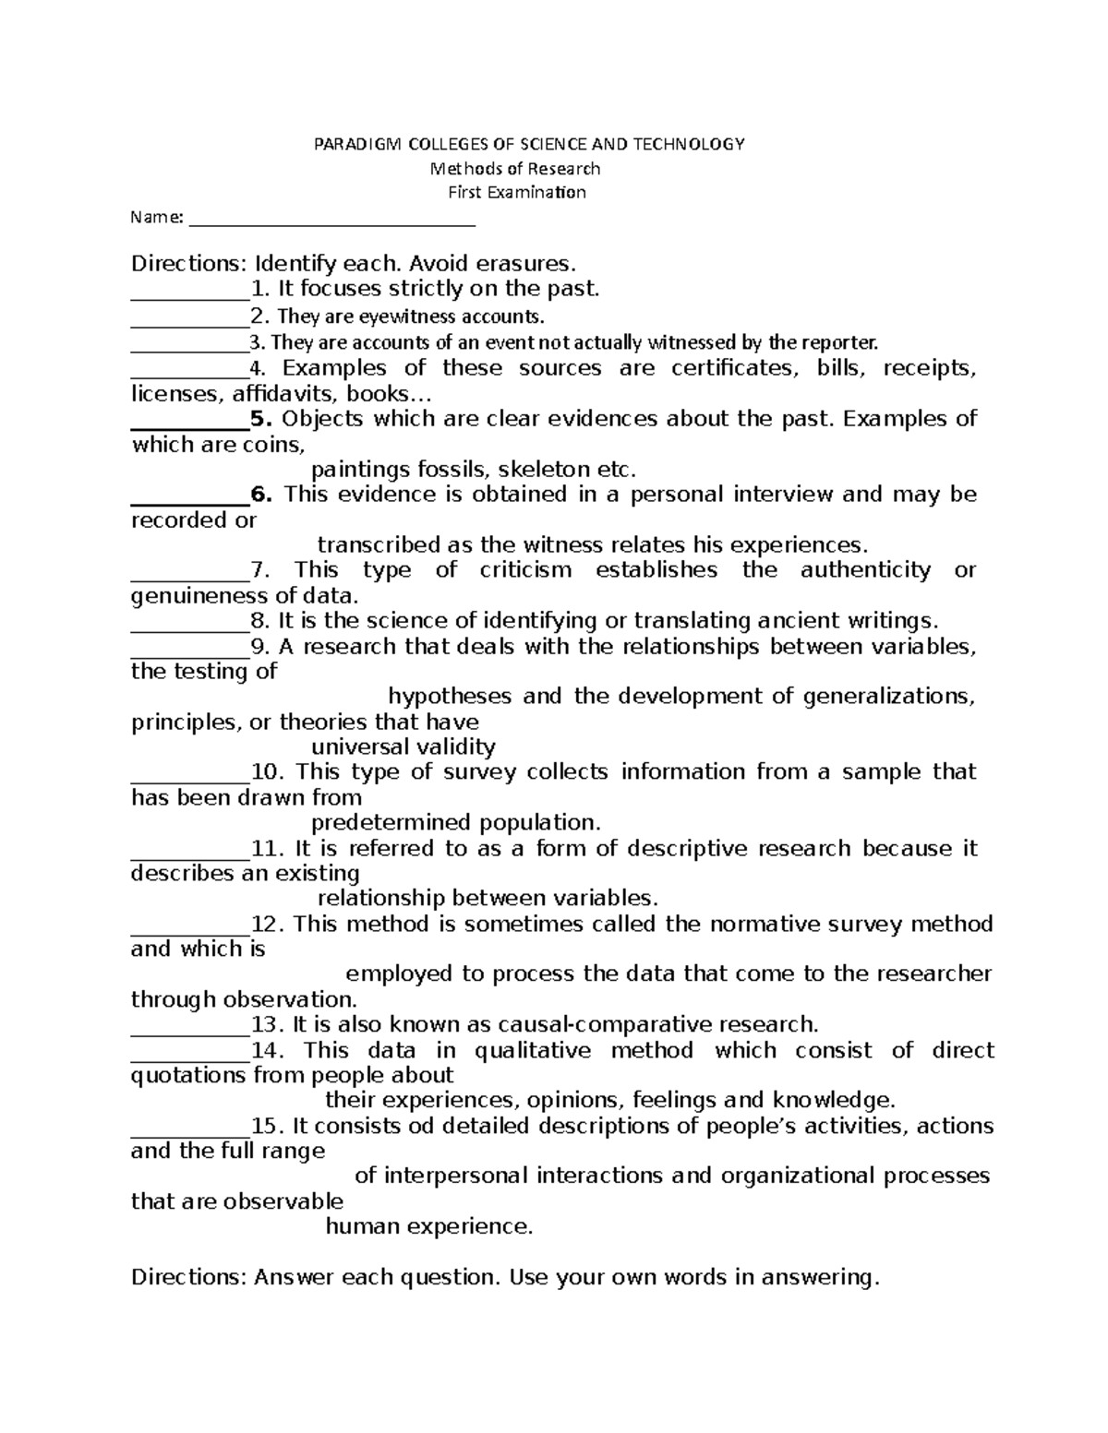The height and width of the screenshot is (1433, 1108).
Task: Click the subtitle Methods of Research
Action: (516, 169)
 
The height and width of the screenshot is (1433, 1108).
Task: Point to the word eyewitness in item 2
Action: (406, 316)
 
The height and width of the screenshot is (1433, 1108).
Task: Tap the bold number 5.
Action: (261, 419)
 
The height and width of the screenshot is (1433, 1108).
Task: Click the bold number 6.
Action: (261, 495)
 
